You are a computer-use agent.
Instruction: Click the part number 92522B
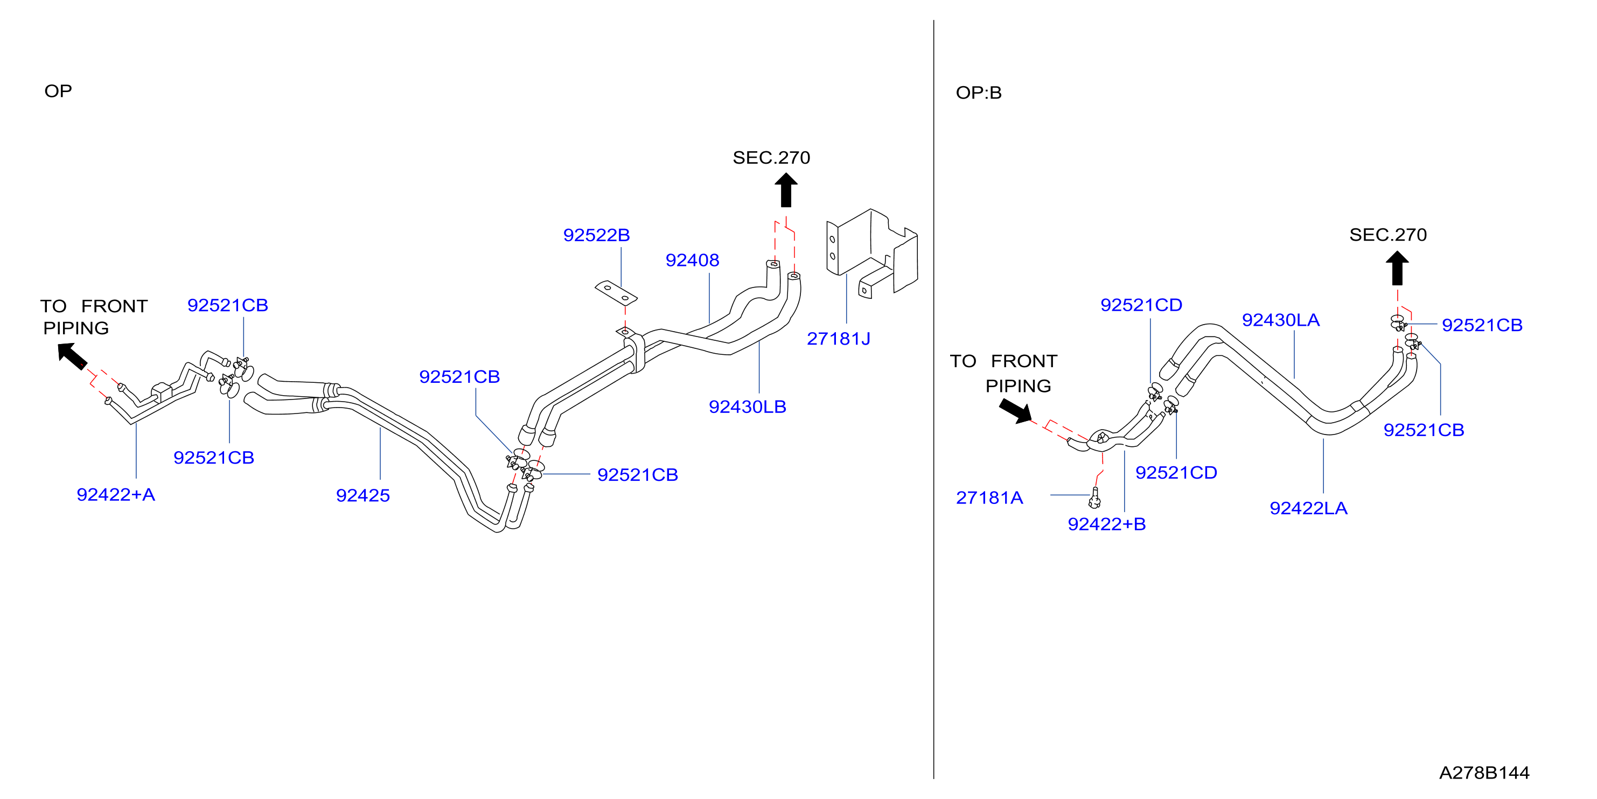click(596, 235)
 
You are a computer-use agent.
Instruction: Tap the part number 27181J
click(838, 339)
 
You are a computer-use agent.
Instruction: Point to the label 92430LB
click(747, 406)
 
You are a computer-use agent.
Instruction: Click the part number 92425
click(362, 495)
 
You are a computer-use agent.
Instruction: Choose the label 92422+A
click(115, 495)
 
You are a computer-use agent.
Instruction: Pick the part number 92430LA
click(1280, 320)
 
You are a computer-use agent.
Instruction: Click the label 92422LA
click(1308, 508)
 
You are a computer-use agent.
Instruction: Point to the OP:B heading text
click(978, 93)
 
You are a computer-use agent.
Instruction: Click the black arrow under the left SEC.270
click(785, 190)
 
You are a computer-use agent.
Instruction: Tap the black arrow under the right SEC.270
click(1397, 268)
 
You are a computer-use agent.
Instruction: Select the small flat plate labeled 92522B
click(616, 293)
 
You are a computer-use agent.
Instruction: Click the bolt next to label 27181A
click(1095, 497)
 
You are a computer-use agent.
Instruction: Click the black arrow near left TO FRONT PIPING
click(73, 356)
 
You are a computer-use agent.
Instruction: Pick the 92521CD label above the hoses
click(1141, 305)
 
